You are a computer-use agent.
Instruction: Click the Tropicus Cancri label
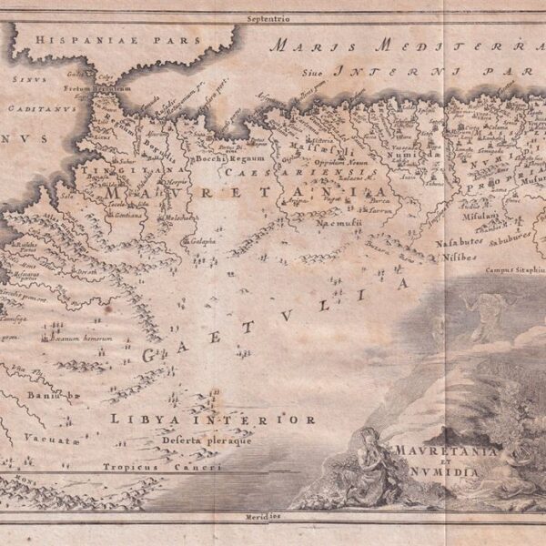tap(161, 467)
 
